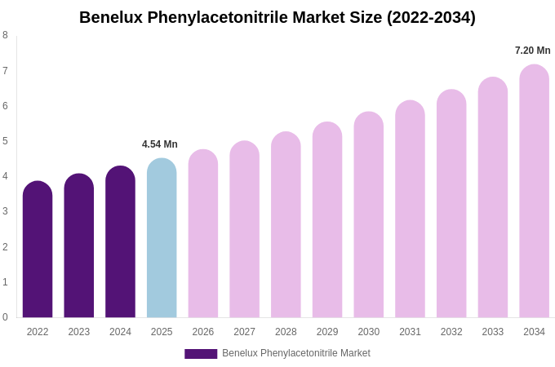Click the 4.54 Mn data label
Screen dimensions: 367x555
click(160, 144)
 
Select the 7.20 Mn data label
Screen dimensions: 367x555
click(533, 51)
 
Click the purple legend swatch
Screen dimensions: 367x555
click(201, 354)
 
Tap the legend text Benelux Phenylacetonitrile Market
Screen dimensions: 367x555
click(296, 353)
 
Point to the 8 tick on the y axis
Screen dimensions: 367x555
click(5, 35)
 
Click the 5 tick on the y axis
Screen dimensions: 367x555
click(5, 141)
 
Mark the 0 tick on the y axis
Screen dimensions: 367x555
click(5, 317)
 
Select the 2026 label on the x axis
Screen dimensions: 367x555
click(203, 332)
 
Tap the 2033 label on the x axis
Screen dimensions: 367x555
click(493, 332)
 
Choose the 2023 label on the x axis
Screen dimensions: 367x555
click(79, 332)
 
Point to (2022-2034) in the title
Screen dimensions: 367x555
click(431, 17)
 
